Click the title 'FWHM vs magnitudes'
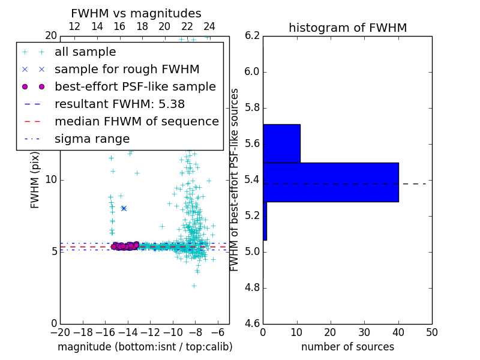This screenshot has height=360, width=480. coord(136,13)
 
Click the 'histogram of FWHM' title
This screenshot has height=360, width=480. coord(347,28)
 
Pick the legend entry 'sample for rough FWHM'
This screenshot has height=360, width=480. coord(127,70)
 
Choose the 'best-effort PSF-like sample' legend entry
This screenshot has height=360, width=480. coord(135,87)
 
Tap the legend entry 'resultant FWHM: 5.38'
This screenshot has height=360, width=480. coord(119,104)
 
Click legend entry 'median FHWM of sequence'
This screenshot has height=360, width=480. coord(136,122)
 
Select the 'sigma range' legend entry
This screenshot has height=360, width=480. coord(92,139)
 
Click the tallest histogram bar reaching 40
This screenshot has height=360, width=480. coord(331,182)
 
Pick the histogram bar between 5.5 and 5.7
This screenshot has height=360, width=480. coord(281,143)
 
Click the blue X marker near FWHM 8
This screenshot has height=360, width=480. coord(124,208)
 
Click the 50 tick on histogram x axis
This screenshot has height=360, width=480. coord(431,332)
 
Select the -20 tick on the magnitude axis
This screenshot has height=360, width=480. coord(60,332)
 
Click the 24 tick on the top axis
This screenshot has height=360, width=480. coord(209,26)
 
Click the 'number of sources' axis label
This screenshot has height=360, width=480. coord(347,347)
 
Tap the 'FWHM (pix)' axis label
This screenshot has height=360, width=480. coord(35,180)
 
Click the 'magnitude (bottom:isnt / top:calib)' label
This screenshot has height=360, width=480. coord(145,347)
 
